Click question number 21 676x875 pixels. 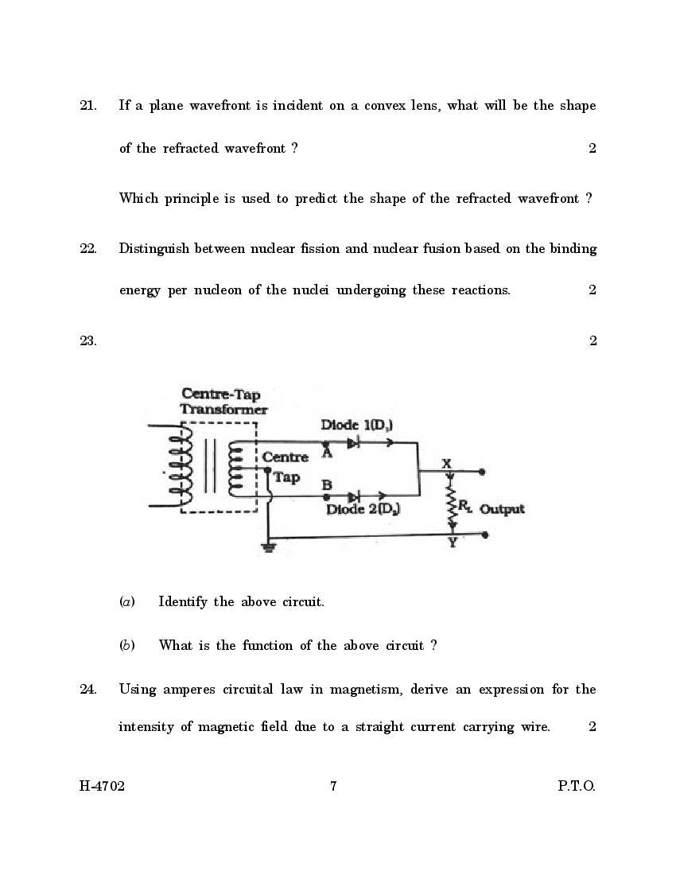tap(87, 106)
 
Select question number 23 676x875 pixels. tap(87, 341)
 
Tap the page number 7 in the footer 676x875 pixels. tap(334, 787)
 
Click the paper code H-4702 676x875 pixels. tap(102, 787)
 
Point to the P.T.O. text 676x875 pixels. tap(576, 787)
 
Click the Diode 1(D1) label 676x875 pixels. tap(356, 425)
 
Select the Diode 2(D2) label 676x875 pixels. tap(363, 508)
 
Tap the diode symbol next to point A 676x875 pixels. tap(353, 442)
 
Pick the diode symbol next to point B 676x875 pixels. tap(353, 496)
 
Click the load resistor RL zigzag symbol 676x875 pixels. tap(452, 503)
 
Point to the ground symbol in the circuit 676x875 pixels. tap(269, 547)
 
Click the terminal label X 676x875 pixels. tap(446, 463)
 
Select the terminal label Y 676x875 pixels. tap(452, 544)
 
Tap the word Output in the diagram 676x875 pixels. tap(502, 509)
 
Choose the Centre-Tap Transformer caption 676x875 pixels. tap(223, 402)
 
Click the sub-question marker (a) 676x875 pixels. tap(126, 602)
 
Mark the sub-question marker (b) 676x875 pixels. tap(126, 645)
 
